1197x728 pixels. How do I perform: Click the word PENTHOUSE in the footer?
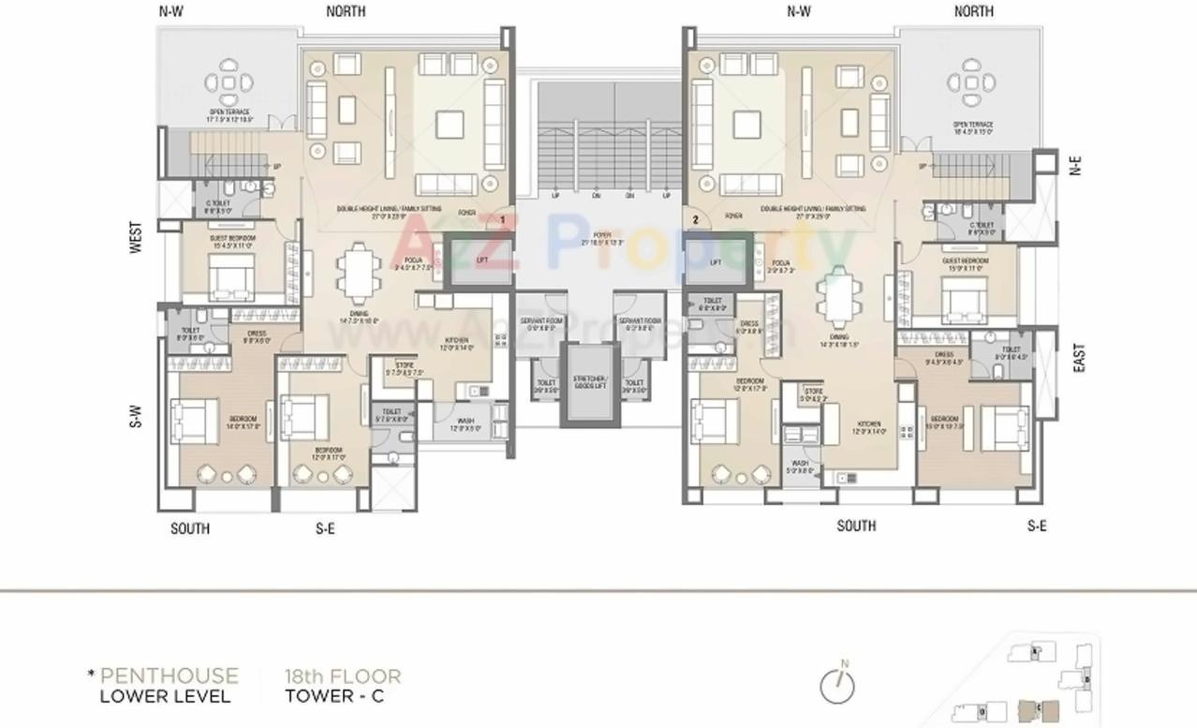coord(169,676)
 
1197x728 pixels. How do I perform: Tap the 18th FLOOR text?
coord(342,676)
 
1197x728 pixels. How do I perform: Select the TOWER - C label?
coord(334,696)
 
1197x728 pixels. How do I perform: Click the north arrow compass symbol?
coord(837,686)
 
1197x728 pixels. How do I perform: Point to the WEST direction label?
coord(137,237)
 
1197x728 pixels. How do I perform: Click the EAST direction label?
coord(1078,358)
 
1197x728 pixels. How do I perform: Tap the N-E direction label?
coord(1075,166)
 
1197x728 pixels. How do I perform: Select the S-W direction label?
coord(137,416)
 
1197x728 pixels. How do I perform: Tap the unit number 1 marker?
coord(503,219)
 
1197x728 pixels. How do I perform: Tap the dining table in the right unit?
coord(837,296)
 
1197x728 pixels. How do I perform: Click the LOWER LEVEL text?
coord(165,696)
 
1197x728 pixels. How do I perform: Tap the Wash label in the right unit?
coord(800,465)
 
